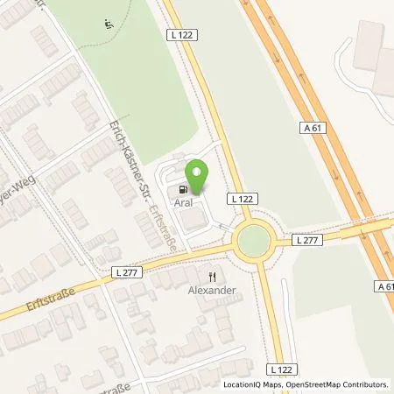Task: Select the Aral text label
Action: (x=184, y=202)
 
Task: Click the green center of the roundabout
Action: (x=254, y=239)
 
